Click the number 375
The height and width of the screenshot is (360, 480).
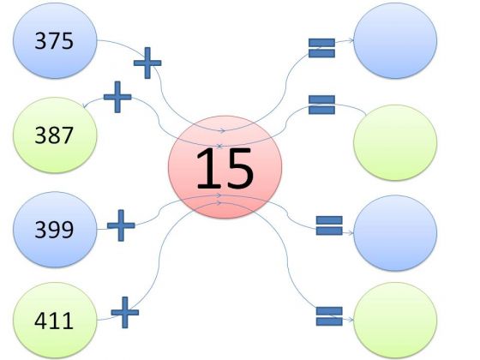point(54,41)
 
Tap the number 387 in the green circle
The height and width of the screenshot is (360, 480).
point(54,135)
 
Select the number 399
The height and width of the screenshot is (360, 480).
point(54,230)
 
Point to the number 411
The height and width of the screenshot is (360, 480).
point(54,321)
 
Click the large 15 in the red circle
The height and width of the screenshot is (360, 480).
point(225,168)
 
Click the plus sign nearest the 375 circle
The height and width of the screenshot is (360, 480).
point(147,63)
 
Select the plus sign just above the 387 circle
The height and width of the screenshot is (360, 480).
point(117,97)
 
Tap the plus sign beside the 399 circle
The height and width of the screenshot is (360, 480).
point(121,225)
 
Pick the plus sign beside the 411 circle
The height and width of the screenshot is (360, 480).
point(124,313)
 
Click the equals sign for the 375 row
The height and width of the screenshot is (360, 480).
point(321,48)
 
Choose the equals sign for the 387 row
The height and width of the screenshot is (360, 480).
point(321,105)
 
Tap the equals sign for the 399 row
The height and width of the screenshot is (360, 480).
point(329,225)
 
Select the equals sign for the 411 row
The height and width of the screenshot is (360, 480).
point(329,316)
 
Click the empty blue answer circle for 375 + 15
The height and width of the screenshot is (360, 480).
point(395,41)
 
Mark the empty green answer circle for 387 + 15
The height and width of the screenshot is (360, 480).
point(395,142)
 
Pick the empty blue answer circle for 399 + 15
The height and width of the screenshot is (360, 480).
point(395,233)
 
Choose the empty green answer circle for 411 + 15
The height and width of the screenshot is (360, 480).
point(395,321)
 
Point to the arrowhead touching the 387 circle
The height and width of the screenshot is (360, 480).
point(85,105)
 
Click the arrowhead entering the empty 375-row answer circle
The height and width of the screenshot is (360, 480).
point(351,40)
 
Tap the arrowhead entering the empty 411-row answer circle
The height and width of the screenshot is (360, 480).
point(351,320)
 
